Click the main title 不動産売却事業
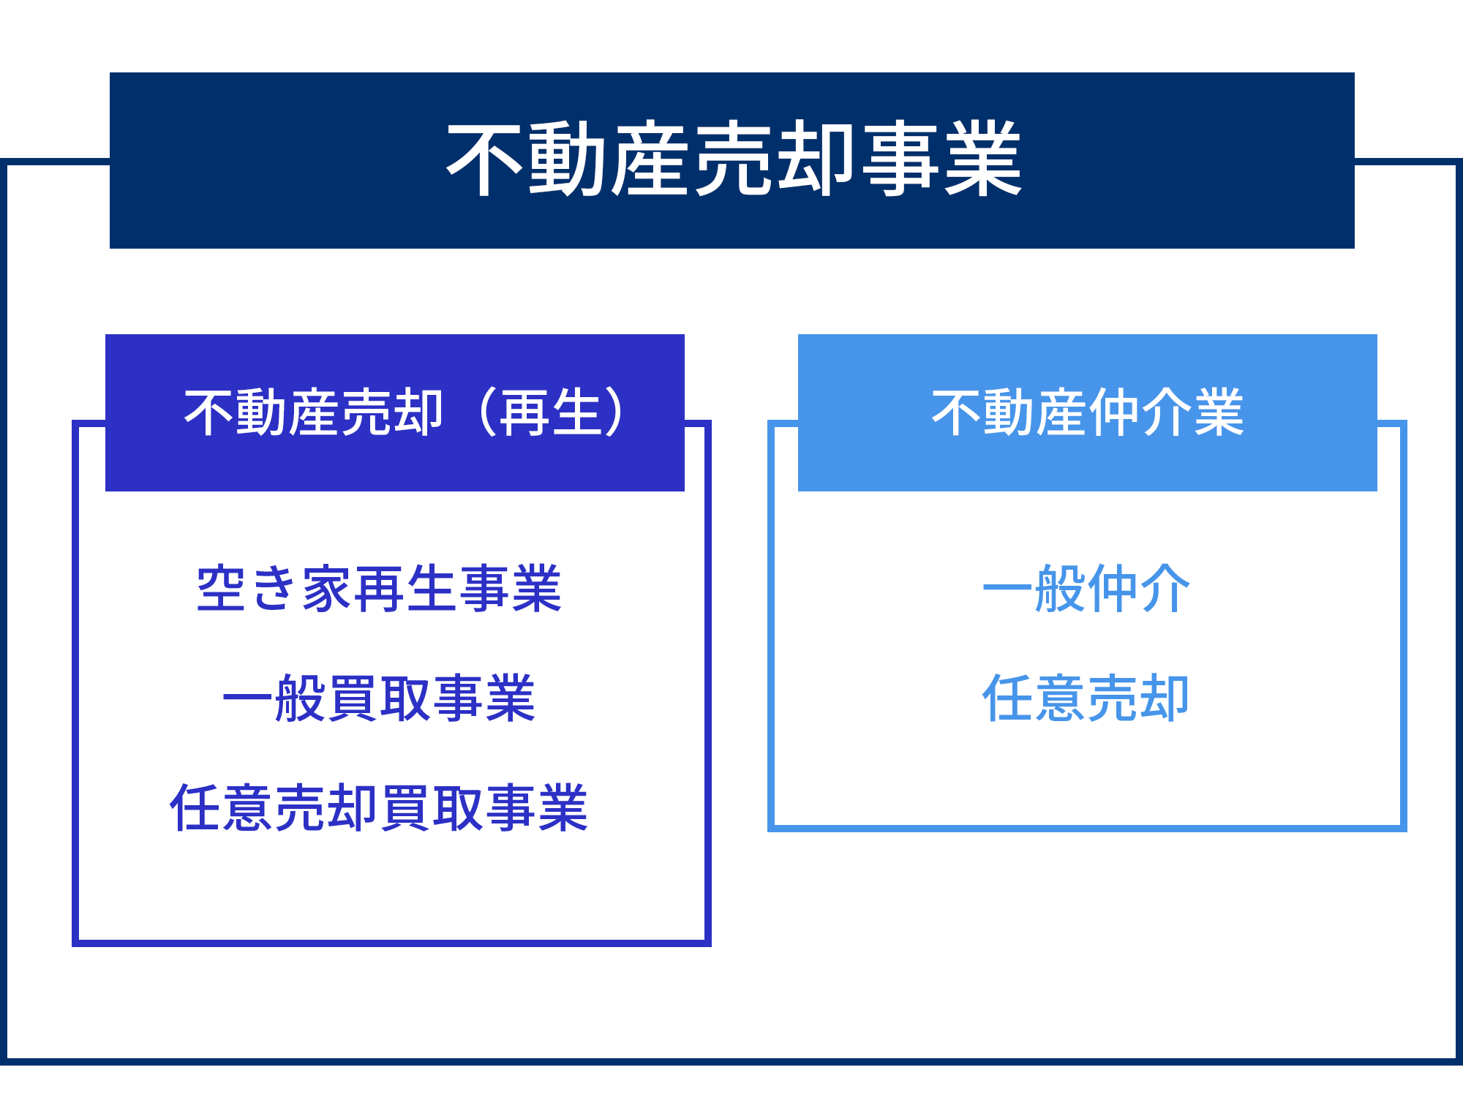pos(734,159)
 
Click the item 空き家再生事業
pos(379,589)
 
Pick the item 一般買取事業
pos(379,698)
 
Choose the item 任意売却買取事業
pos(379,808)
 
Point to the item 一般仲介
pos(1087,589)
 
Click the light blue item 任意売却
pos(1086,698)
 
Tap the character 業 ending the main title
pos(983,159)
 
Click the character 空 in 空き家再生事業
pos(222,589)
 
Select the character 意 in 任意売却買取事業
pos(249,808)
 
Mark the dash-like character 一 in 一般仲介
pos(1009,589)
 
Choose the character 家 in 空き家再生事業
pos(327,589)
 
